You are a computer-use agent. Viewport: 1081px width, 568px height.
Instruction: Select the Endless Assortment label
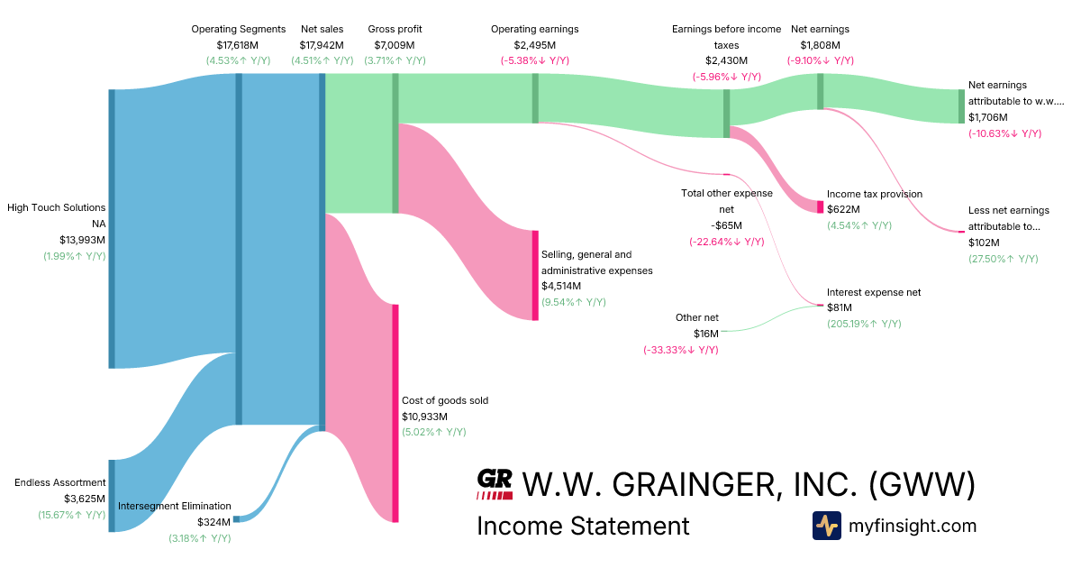(x=60, y=482)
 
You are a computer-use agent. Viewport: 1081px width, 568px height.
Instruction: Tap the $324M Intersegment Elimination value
(x=214, y=522)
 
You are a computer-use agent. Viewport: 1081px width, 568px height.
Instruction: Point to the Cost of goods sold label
(x=445, y=400)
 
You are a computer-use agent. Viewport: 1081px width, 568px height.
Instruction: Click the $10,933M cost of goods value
(x=424, y=417)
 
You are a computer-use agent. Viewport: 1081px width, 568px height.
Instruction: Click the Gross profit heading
(x=395, y=29)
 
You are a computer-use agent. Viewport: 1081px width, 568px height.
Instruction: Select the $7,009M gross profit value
(x=395, y=45)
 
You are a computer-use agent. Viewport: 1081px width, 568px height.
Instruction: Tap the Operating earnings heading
(x=534, y=29)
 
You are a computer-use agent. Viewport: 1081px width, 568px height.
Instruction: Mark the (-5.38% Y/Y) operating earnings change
(x=534, y=60)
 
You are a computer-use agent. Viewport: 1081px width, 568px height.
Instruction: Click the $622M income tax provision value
(x=843, y=209)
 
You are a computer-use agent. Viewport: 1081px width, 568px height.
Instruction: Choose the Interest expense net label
(x=874, y=292)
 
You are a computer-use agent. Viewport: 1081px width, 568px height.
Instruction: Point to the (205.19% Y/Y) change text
(x=864, y=324)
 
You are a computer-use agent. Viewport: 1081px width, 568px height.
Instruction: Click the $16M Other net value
(x=706, y=334)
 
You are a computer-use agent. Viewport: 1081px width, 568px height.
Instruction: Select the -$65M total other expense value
(x=726, y=225)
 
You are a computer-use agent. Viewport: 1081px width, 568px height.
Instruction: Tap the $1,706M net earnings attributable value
(x=988, y=117)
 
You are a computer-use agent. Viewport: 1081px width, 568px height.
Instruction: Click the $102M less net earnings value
(x=984, y=243)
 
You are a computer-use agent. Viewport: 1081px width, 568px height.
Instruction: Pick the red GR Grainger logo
(x=495, y=484)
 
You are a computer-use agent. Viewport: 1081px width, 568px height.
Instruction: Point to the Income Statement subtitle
(x=583, y=526)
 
